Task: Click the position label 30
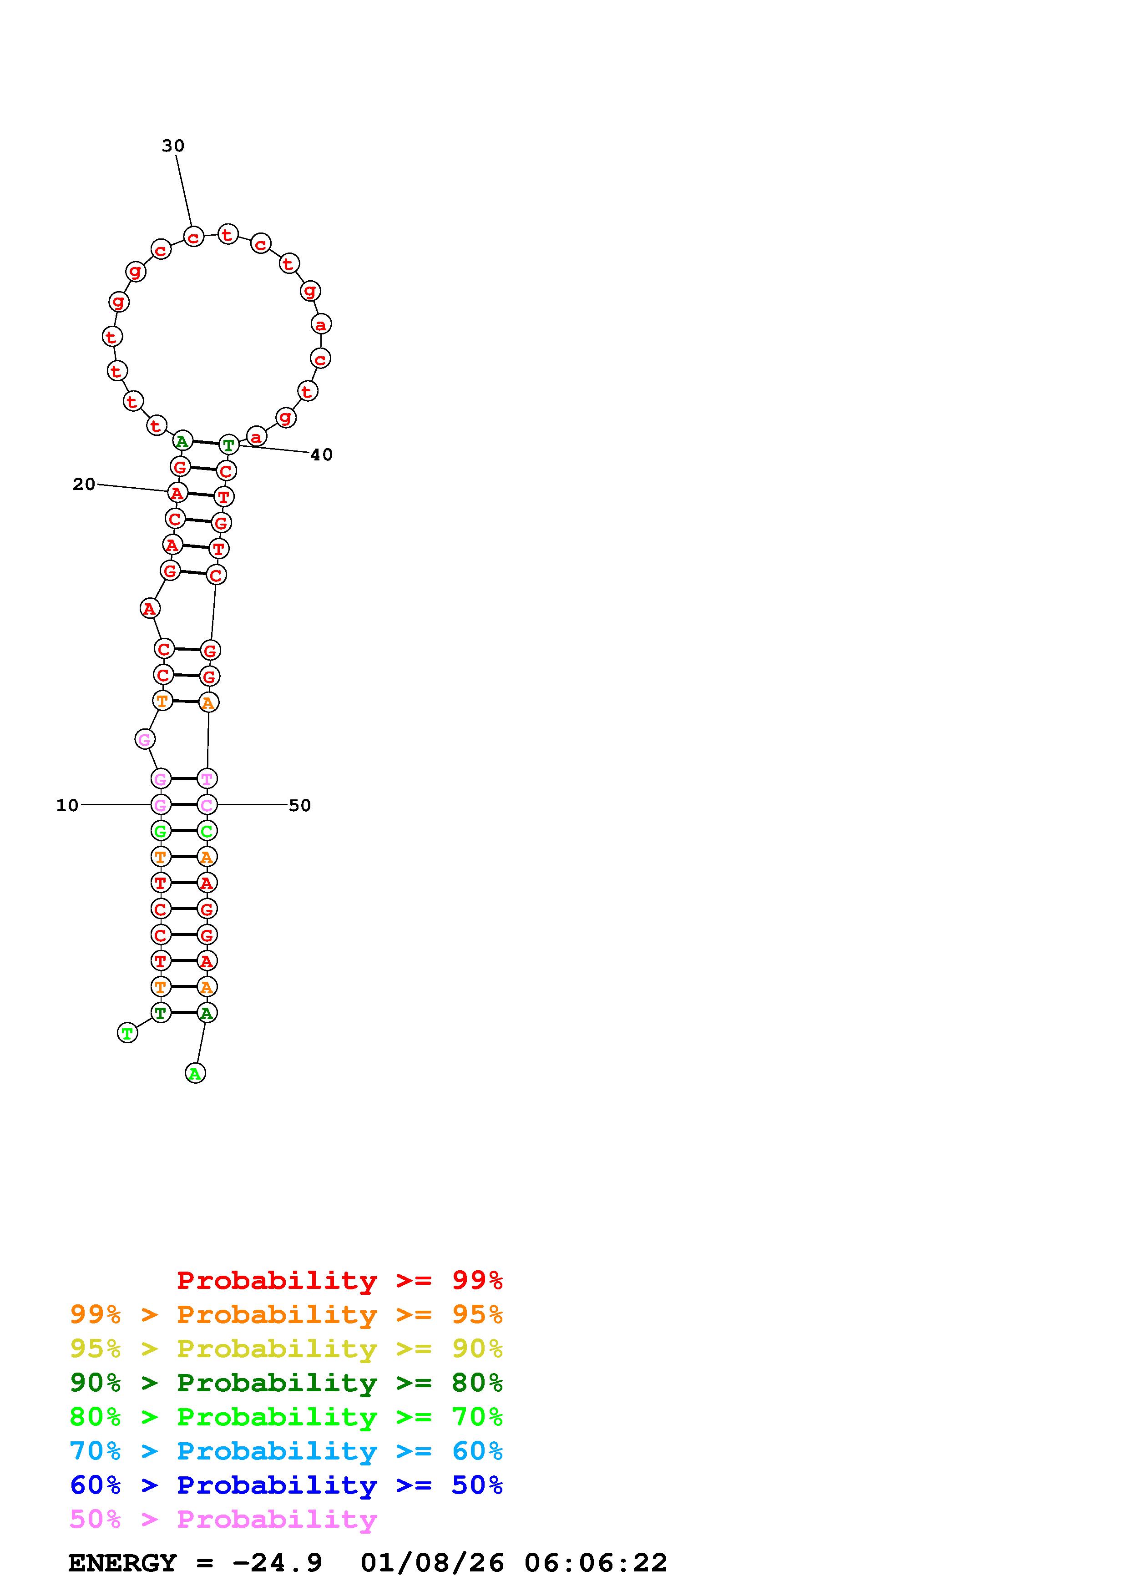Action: [173, 146]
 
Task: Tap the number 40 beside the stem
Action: [321, 455]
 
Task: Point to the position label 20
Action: [84, 485]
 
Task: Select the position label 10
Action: [67, 805]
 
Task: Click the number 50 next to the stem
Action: [299, 805]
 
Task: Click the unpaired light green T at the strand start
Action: [127, 1033]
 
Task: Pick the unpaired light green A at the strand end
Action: [195, 1073]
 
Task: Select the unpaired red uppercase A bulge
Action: [149, 609]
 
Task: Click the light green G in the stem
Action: [161, 831]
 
